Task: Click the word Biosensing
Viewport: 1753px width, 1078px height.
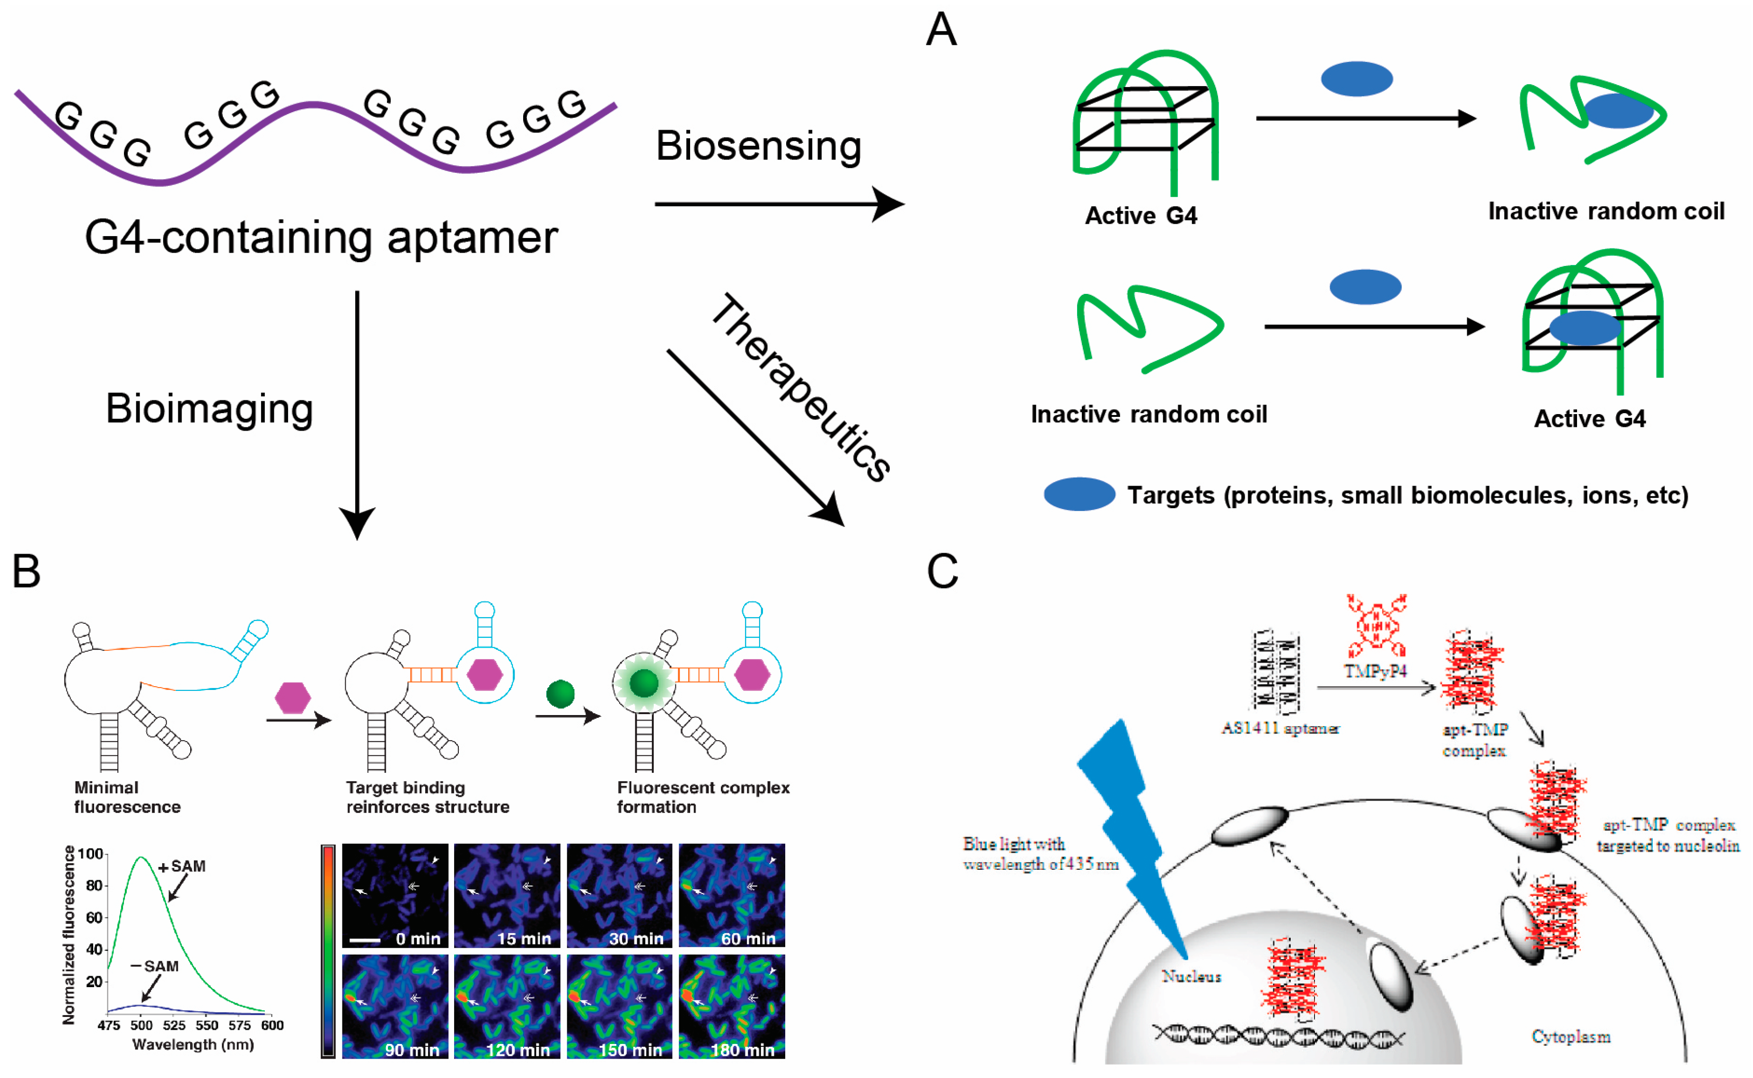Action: pyautogui.click(x=758, y=146)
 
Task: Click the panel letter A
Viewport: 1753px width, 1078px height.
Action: pyautogui.click(x=941, y=30)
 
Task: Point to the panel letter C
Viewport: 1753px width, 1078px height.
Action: pyautogui.click(x=942, y=571)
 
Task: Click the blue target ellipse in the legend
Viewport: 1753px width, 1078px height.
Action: pyautogui.click(x=1079, y=494)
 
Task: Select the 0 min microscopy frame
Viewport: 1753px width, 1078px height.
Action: pyautogui.click(x=395, y=895)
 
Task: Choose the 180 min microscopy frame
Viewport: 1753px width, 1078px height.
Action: pyautogui.click(x=732, y=1007)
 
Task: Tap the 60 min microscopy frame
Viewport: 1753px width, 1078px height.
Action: pyautogui.click(x=732, y=895)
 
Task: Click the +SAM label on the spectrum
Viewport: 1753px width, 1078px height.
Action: pyautogui.click(x=183, y=866)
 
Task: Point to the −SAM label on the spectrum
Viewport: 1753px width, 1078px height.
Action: pyautogui.click(x=155, y=966)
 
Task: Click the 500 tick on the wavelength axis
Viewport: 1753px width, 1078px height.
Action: pyautogui.click(x=141, y=1026)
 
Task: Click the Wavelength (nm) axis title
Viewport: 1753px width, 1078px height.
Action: pyautogui.click(x=193, y=1044)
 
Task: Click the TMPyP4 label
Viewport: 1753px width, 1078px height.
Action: pyautogui.click(x=1376, y=671)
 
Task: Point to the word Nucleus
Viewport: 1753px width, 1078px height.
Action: pyautogui.click(x=1192, y=976)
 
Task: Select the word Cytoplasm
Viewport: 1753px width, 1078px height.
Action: pyautogui.click(x=1570, y=1037)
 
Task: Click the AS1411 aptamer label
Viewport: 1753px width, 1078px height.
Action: pyautogui.click(x=1280, y=728)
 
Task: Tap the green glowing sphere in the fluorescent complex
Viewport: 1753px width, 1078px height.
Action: pyautogui.click(x=644, y=683)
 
